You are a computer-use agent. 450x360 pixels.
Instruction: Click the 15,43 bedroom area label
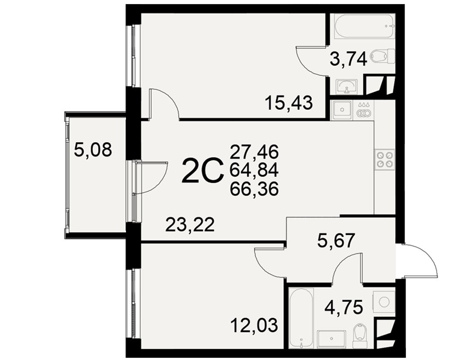click(x=289, y=103)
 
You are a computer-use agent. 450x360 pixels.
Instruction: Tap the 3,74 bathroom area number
click(x=348, y=60)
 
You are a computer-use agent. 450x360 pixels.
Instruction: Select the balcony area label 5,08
click(x=92, y=150)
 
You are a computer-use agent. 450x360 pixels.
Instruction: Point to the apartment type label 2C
click(x=202, y=171)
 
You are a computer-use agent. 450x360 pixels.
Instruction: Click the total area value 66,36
click(x=254, y=189)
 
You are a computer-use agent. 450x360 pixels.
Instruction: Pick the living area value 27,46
click(x=254, y=152)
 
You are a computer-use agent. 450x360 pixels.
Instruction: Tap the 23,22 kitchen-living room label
click(x=190, y=225)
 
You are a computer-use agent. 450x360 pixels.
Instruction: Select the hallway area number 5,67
click(x=336, y=241)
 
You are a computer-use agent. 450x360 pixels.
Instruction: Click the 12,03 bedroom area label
click(x=254, y=326)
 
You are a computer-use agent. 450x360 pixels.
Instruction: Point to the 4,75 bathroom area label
click(x=344, y=307)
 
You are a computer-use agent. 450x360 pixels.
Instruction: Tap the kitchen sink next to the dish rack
click(x=342, y=110)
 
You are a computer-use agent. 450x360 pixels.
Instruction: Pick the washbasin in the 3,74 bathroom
click(x=347, y=86)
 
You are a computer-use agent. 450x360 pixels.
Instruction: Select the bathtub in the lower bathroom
click(x=301, y=318)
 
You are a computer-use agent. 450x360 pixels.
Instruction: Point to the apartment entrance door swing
click(x=421, y=261)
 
